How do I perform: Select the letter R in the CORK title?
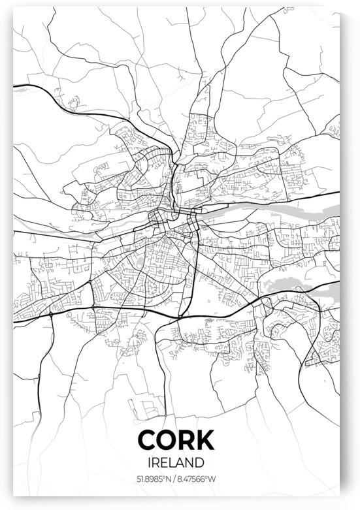coord(191,440)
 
